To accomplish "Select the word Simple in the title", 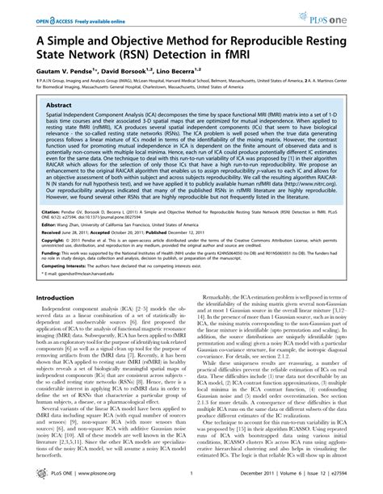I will pos(67,39).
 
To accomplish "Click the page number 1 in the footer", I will pos(190,481).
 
